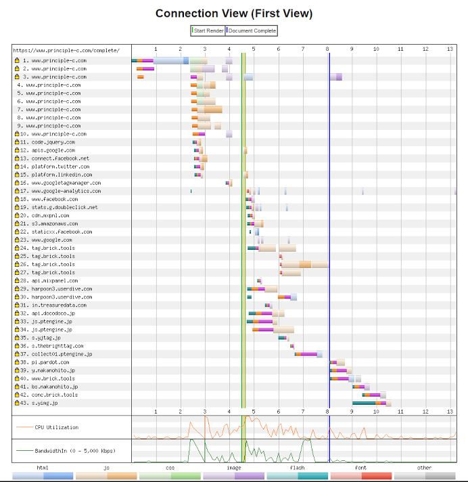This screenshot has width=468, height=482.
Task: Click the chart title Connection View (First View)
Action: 234,14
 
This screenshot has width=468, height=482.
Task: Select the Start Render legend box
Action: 208,30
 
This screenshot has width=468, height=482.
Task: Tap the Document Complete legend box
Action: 252,30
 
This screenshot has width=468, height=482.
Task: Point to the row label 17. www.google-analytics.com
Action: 66,191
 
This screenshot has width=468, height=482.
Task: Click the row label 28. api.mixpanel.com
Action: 54,280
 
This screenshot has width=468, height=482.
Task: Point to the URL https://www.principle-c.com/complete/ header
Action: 66,50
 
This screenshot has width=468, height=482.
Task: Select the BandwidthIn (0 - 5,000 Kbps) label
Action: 66,450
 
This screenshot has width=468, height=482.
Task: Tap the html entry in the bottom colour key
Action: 43,467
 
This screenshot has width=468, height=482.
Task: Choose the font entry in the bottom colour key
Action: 361,467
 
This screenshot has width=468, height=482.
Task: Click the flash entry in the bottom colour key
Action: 298,467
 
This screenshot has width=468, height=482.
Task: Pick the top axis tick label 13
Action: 450,49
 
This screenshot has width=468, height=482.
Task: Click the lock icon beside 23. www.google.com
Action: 17,240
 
